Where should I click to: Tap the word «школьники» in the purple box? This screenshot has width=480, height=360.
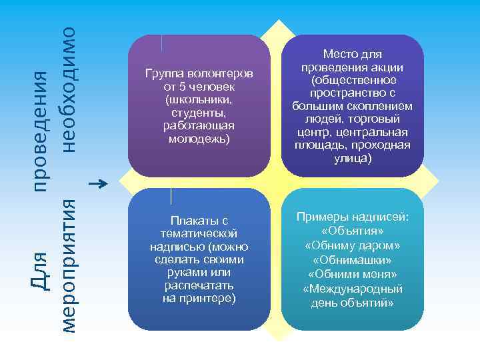tap(199, 99)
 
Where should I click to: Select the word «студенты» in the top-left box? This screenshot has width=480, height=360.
tap(199, 113)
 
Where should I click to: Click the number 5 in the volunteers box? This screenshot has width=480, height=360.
tap(180, 86)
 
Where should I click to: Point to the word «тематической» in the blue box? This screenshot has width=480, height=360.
tap(199, 233)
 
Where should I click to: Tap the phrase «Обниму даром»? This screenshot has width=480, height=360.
tap(353, 245)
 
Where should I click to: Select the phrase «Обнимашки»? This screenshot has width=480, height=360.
tap(353, 259)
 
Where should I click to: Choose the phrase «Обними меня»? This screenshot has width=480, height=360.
tap(353, 274)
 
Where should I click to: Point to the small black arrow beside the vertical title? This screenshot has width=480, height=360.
tap(98, 182)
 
